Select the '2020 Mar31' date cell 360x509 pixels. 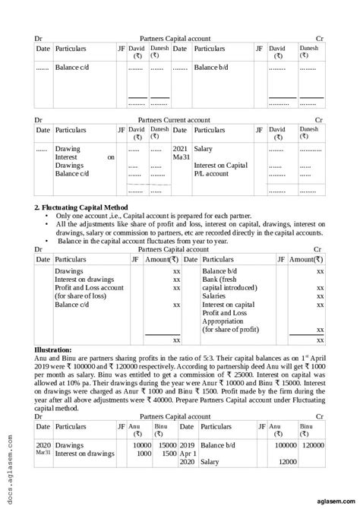43,448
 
